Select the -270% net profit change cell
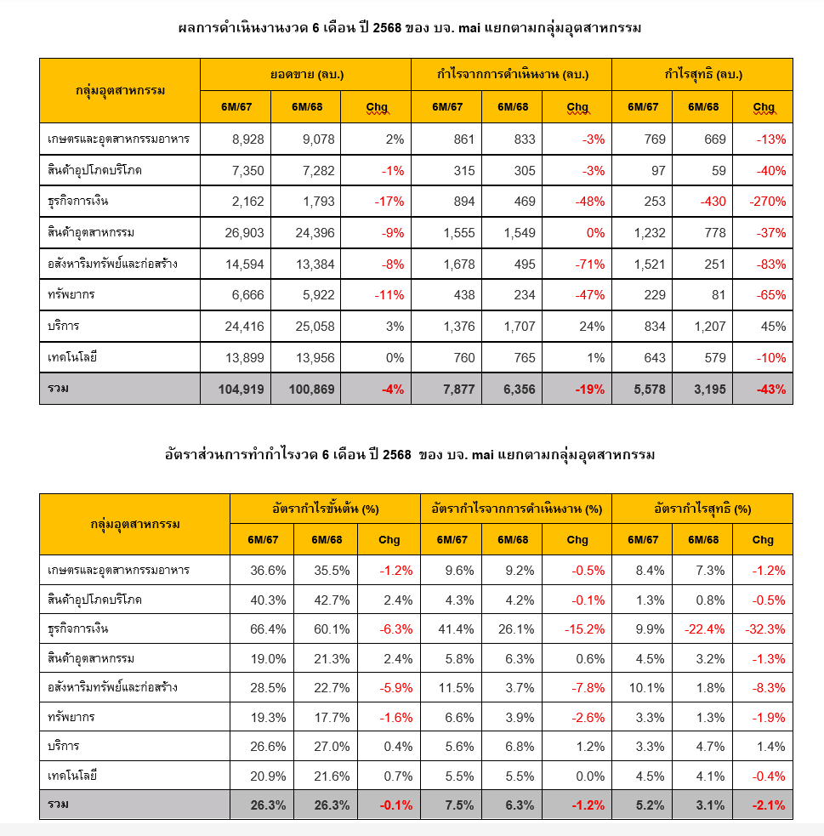(767, 202)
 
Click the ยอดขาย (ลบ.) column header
(306, 75)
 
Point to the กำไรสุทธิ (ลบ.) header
(702, 75)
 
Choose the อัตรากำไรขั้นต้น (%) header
(325, 509)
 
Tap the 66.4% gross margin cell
(269, 629)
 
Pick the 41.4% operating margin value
(456, 629)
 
